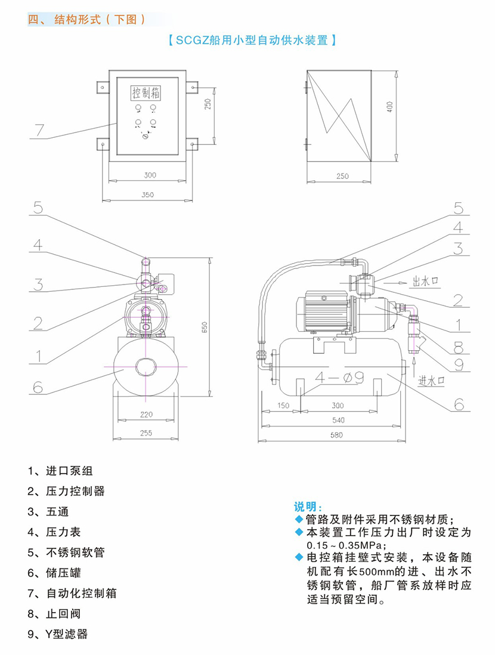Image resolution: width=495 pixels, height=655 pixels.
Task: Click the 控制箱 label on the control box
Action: point(147,94)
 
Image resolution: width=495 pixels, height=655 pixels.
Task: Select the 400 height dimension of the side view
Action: point(389,107)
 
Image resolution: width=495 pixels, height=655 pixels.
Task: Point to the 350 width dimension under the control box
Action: point(148,195)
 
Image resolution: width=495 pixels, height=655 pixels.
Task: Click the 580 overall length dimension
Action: point(338,435)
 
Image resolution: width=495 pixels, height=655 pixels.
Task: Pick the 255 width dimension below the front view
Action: point(146,433)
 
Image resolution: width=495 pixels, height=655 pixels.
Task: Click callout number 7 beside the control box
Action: point(39,129)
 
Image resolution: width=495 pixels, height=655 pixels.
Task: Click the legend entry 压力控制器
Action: point(66,491)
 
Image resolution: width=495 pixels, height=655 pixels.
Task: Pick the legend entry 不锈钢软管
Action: point(66,552)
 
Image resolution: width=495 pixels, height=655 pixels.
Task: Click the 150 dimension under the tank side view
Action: point(283,406)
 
